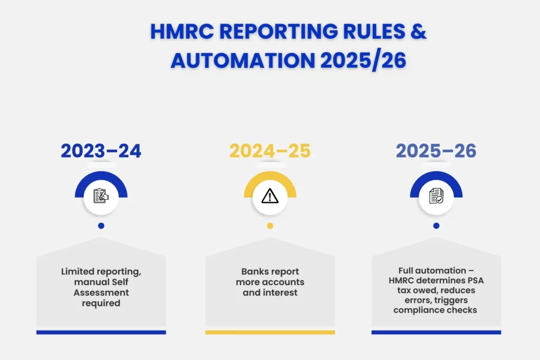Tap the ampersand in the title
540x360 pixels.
(418, 31)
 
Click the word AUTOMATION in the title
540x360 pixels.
(243, 61)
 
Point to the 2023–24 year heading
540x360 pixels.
(101, 151)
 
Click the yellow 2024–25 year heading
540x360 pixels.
(270, 151)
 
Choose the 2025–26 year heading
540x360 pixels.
(436, 151)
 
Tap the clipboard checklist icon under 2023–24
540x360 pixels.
(101, 196)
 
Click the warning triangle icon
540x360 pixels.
(270, 196)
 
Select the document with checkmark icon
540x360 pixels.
(436, 196)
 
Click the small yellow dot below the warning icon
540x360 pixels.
(270, 226)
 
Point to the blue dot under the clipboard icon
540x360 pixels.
(101, 226)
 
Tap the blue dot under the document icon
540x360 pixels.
(436, 226)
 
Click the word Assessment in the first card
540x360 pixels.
(101, 293)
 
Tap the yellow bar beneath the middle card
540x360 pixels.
(270, 333)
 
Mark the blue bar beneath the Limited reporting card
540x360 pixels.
(101, 333)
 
